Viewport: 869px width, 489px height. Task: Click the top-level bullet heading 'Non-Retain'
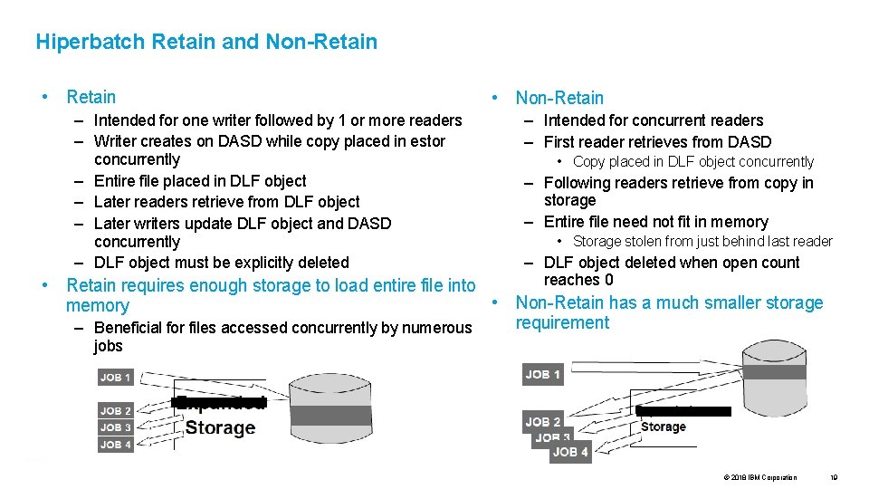tap(559, 98)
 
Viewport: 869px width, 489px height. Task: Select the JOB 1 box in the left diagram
tap(116, 378)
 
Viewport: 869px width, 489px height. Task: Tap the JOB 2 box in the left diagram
tap(116, 410)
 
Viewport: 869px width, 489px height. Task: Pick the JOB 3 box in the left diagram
tap(116, 427)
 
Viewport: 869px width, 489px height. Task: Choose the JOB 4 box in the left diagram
tap(116, 445)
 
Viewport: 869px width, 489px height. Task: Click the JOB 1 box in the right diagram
tap(543, 375)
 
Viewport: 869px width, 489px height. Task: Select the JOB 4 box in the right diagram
tap(570, 452)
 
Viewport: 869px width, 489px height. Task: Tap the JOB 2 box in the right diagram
tap(543, 421)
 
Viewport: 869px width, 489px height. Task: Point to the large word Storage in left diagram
tap(220, 428)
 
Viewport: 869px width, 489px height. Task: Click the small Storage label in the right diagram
tap(664, 427)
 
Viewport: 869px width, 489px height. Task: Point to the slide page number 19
tap(834, 477)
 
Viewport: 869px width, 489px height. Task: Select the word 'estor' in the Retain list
tap(427, 141)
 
